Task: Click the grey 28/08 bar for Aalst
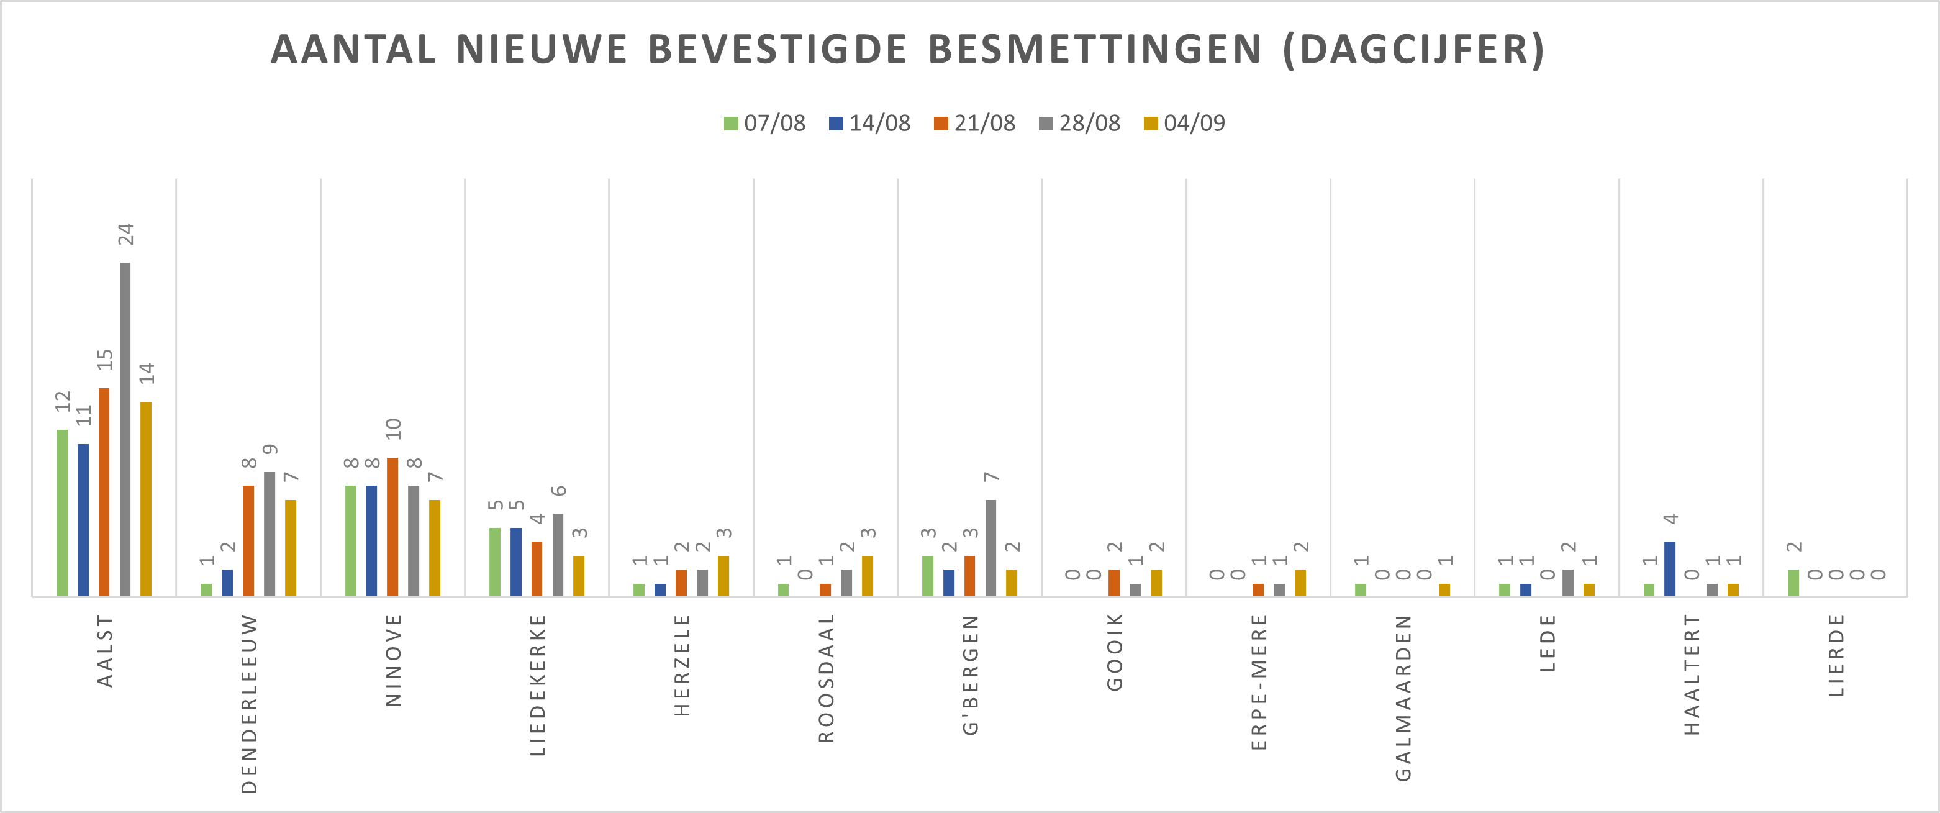coord(125,430)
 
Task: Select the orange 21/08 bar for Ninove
coord(392,527)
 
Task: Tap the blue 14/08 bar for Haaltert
coord(1670,569)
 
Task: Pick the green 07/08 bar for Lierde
coord(1793,583)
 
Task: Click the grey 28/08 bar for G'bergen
coord(990,548)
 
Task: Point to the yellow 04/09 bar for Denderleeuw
coord(291,548)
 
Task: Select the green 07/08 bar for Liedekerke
coord(495,562)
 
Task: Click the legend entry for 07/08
coord(764,123)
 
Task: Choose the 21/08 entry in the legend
coord(974,123)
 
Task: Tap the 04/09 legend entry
coord(1185,123)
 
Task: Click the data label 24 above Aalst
coord(126,234)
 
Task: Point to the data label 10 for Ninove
coord(393,430)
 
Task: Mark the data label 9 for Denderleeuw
coord(270,450)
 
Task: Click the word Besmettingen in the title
coord(1094,50)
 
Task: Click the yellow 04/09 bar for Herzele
coord(723,576)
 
